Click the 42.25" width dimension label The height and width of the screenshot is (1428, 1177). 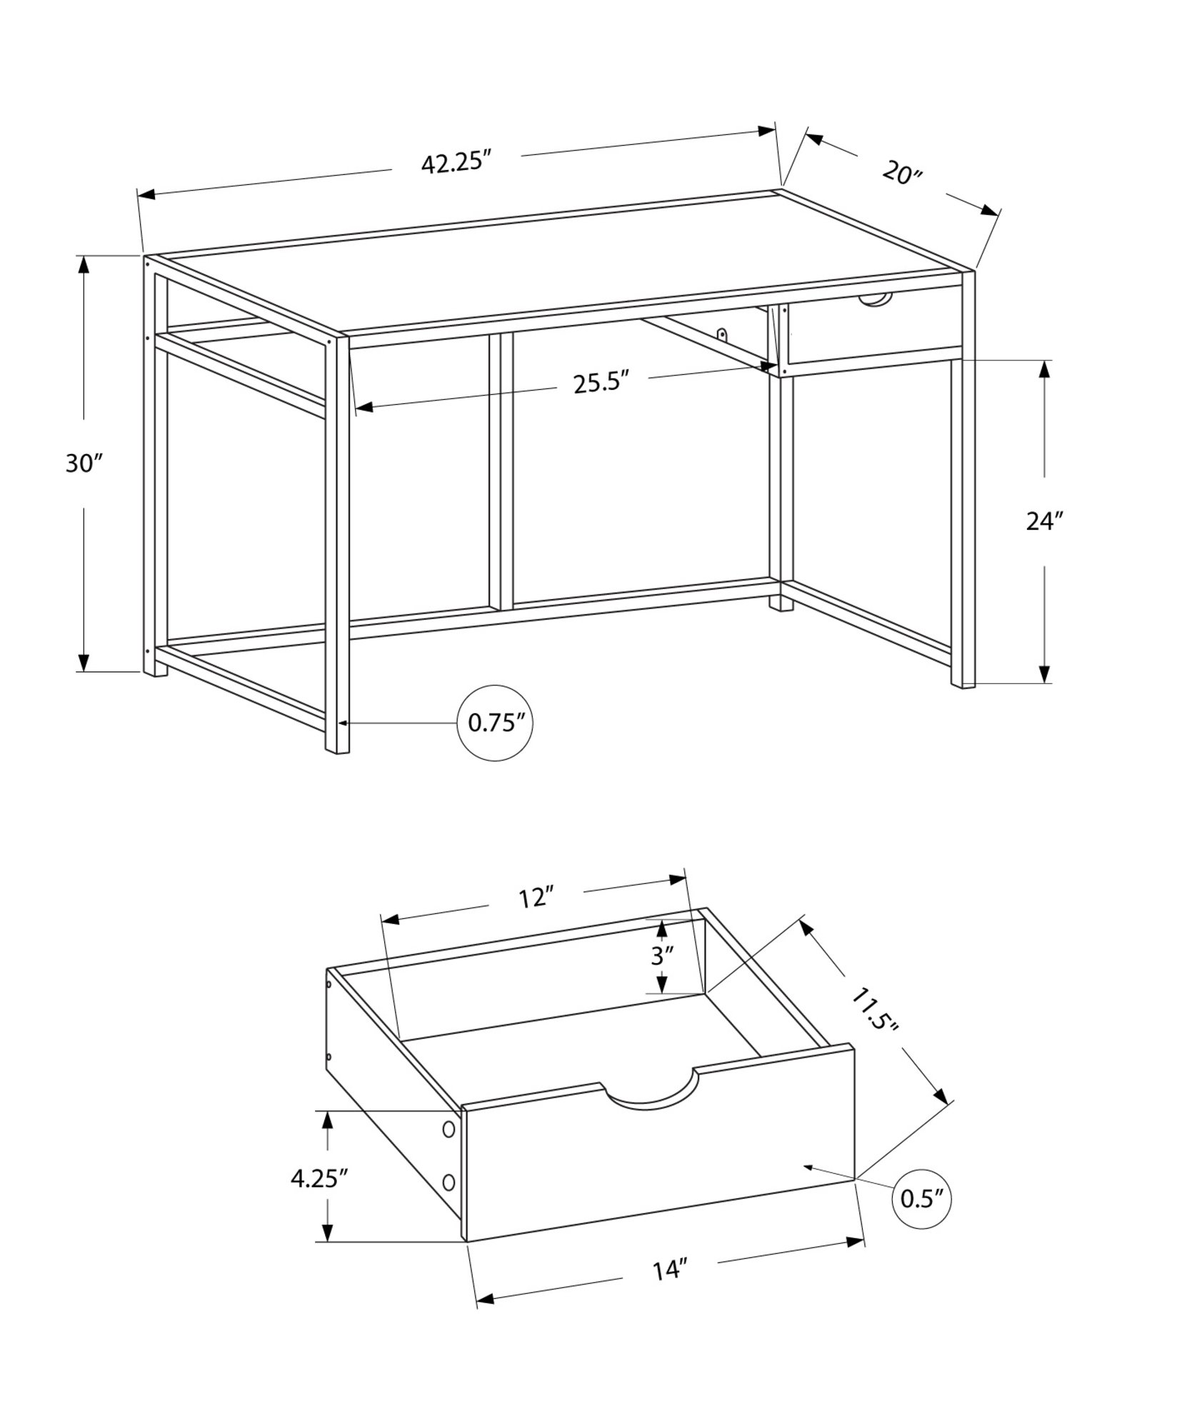457,163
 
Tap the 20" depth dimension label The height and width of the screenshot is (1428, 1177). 903,174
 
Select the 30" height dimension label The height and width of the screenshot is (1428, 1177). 85,463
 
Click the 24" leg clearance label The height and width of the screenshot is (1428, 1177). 1045,521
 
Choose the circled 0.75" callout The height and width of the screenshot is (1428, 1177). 495,723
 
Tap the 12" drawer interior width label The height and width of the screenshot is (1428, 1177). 537,897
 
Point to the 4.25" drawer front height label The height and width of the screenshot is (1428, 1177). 319,1178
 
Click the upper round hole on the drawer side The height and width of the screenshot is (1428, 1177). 449,1149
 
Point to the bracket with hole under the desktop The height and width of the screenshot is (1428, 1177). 723,334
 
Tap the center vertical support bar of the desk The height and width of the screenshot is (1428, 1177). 501,471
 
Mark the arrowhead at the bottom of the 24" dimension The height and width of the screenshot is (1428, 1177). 1044,673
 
